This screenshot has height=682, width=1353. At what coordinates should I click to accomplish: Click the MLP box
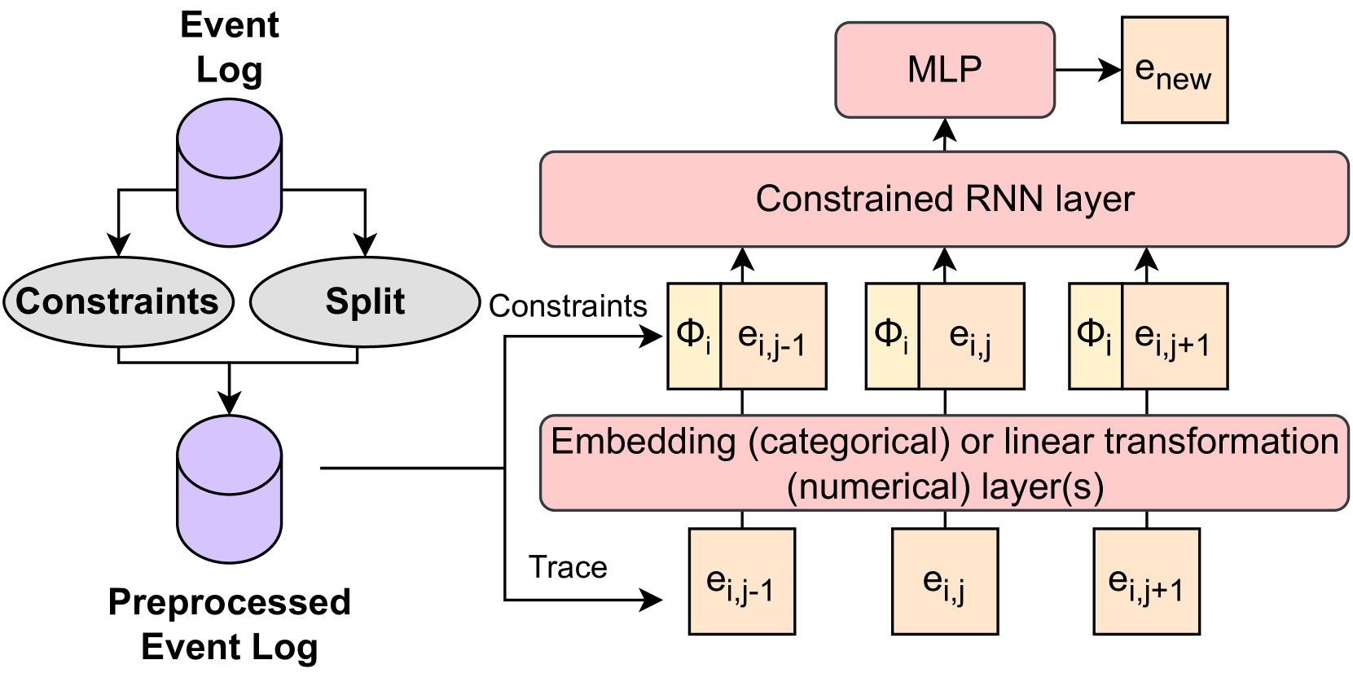click(945, 70)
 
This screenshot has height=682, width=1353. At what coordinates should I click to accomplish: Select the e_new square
click(1174, 71)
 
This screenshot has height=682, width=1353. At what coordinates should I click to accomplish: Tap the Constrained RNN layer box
click(944, 199)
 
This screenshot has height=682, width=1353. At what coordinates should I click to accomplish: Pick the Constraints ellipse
click(118, 302)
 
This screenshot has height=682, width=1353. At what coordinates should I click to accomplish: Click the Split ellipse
click(364, 302)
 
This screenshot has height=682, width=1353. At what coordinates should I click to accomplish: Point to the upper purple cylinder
click(230, 172)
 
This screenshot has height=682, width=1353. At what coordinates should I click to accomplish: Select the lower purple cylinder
click(230, 489)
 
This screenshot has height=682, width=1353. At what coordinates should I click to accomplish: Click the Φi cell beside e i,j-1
click(694, 336)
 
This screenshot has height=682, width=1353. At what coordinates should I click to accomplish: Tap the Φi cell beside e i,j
click(892, 336)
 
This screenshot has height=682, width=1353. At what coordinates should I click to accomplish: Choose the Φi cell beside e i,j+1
click(1095, 336)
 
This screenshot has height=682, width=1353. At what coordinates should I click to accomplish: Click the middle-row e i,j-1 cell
click(773, 336)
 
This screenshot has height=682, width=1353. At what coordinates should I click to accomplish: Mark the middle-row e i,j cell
click(970, 336)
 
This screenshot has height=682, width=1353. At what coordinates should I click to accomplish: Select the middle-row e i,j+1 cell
click(1174, 336)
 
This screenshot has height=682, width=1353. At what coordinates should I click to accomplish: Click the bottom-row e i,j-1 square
click(741, 582)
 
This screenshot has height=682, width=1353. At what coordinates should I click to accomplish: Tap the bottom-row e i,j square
click(945, 582)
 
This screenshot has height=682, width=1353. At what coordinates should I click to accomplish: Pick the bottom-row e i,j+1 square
click(1146, 582)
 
